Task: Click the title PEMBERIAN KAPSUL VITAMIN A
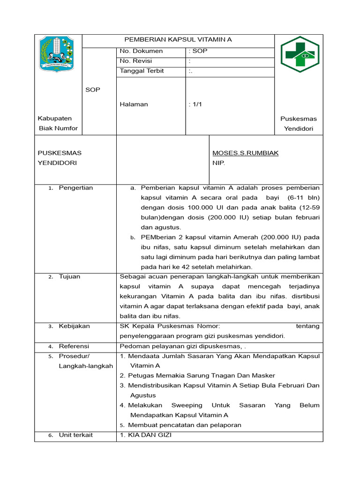click(x=178, y=40)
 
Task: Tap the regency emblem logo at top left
click(x=56, y=54)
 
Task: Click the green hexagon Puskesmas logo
click(x=300, y=54)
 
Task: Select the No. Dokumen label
click(x=141, y=51)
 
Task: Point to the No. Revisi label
click(x=136, y=61)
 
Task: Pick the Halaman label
click(x=134, y=104)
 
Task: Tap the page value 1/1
click(x=196, y=104)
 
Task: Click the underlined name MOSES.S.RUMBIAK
click(x=245, y=153)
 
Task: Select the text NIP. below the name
click(x=219, y=163)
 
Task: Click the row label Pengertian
click(x=75, y=188)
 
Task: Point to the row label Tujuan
click(x=69, y=277)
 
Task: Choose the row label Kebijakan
click(x=74, y=326)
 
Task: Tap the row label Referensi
click(x=74, y=346)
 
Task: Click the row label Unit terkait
click(x=75, y=435)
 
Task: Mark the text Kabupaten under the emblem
click(x=55, y=119)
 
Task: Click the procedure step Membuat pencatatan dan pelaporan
click(x=184, y=425)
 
